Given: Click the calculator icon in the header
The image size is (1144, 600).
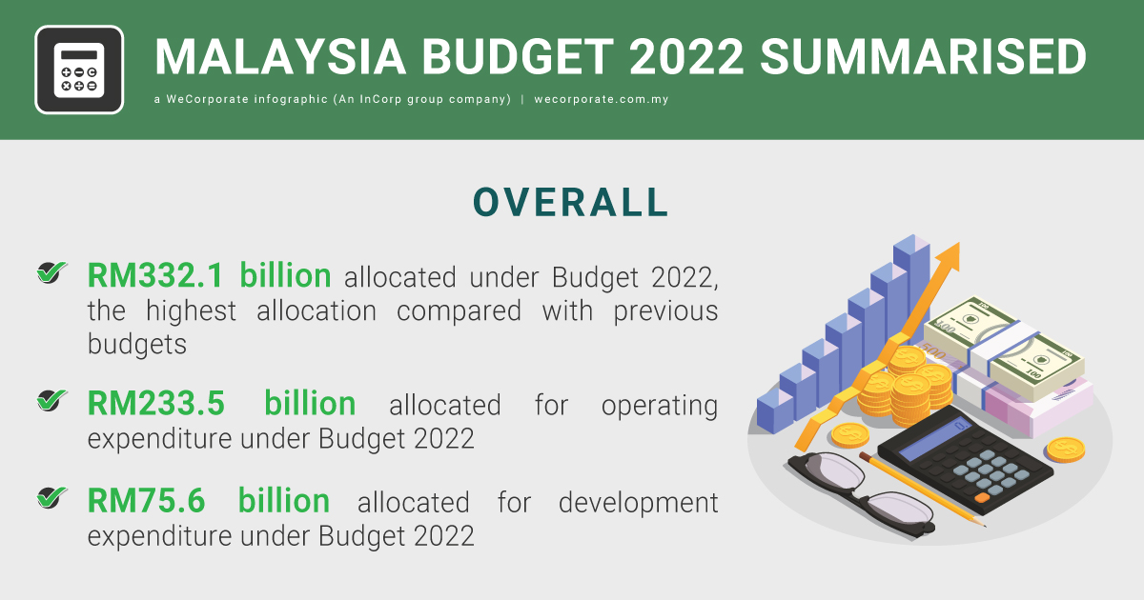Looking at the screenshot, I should [79, 70].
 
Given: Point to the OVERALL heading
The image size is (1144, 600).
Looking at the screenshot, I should [572, 203].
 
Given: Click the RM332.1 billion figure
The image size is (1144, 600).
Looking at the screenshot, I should [209, 276].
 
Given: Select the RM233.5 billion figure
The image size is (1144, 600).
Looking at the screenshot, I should [221, 404].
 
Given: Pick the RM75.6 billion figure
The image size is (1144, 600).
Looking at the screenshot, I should [209, 501].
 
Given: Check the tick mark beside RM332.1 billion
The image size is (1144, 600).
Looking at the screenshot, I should [51, 274].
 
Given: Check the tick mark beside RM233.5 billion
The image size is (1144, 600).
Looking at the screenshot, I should [51, 402].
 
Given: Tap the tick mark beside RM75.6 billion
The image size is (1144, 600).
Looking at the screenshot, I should [51, 498].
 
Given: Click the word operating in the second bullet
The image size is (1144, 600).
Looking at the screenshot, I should [659, 405].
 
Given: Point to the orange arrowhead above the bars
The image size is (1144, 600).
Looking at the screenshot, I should [948, 255].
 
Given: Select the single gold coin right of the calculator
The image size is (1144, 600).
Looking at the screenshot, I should [1065, 449].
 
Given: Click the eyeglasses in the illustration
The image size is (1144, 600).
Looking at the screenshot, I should [858, 490].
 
